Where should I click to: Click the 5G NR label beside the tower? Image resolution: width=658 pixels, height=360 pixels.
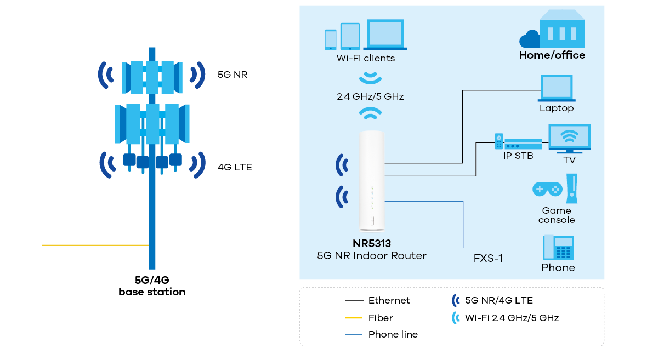point(232,75)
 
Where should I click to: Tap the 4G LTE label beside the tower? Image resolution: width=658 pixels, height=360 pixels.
point(235,167)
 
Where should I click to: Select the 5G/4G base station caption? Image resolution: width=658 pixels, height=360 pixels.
point(152,286)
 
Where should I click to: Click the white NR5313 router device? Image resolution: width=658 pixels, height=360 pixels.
point(372,181)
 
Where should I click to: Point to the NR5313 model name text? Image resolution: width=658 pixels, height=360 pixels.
point(372,243)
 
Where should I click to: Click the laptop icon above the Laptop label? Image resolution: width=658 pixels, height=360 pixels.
point(557,88)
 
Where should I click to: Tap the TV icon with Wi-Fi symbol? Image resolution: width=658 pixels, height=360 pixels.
point(570,137)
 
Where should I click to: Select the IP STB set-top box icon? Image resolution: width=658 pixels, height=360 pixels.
point(518,143)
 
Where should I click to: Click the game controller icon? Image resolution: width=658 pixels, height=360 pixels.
point(547,190)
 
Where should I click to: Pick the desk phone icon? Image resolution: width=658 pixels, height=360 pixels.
point(558,248)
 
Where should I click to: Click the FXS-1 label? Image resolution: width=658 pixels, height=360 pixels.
point(488,258)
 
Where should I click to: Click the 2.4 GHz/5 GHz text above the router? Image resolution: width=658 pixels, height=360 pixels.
point(370,96)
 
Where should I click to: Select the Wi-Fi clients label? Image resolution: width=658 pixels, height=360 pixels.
point(365,58)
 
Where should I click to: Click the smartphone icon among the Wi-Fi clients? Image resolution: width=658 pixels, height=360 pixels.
point(330,39)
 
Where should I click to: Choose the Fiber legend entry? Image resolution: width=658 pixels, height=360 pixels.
point(381,318)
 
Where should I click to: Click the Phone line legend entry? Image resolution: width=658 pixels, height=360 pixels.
point(393,334)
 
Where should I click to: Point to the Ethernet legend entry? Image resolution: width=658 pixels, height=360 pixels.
point(389,300)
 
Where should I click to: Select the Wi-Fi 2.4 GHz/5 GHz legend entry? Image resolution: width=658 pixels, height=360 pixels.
point(511,318)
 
